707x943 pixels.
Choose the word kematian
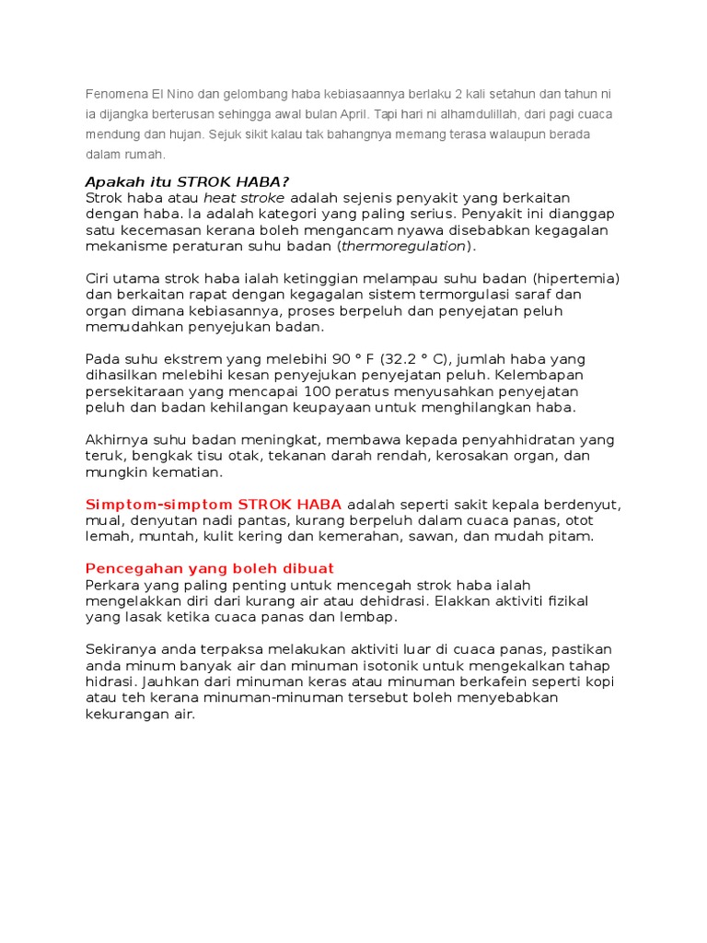(x=188, y=471)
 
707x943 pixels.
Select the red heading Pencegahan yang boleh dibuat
(x=209, y=568)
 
